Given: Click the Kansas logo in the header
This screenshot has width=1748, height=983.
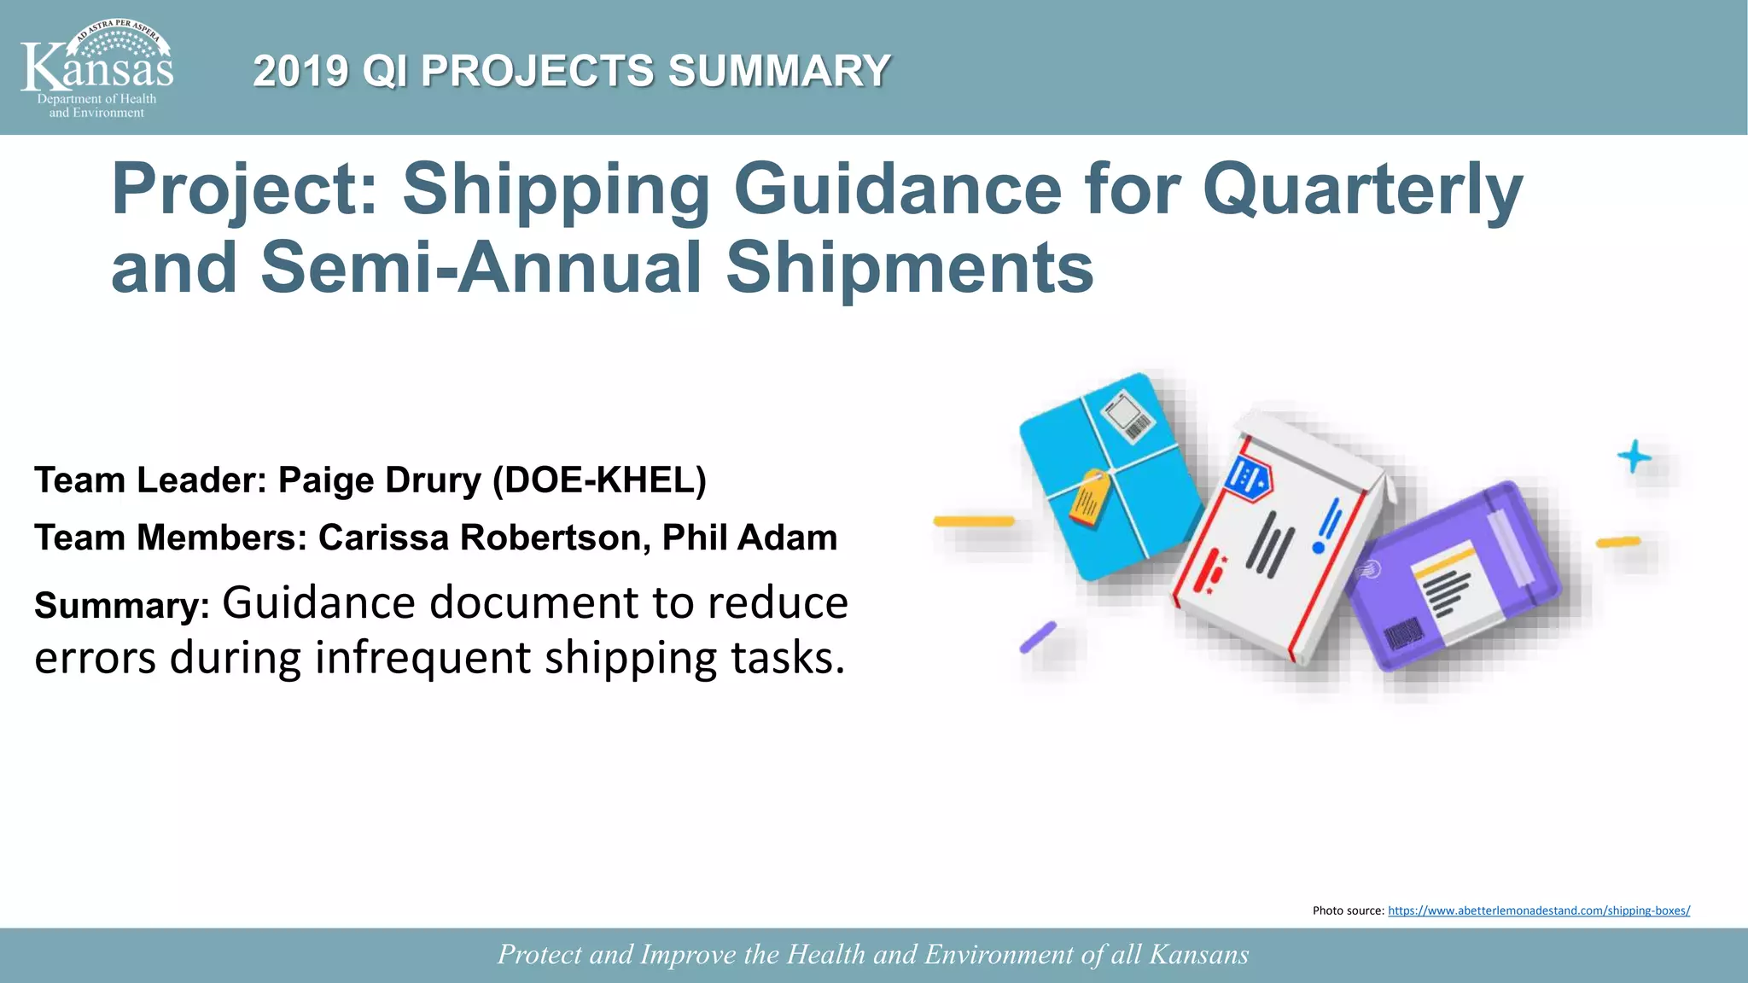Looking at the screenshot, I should point(96,68).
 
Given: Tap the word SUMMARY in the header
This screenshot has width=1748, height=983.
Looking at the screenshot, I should point(779,71).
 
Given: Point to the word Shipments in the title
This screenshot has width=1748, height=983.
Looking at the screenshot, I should point(909,268).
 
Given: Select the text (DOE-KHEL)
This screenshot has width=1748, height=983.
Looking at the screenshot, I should point(599,480).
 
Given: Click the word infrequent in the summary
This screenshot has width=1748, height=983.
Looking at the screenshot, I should point(422,658).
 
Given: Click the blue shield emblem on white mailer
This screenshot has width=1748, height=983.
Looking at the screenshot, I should point(1248,476).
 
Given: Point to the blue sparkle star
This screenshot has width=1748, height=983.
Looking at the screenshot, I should point(1634,457).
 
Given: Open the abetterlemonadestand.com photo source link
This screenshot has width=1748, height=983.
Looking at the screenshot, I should point(1538,910).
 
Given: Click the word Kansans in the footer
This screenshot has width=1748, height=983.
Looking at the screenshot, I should point(1198,954).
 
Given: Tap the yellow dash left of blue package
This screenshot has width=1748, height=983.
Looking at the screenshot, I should point(974,521).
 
